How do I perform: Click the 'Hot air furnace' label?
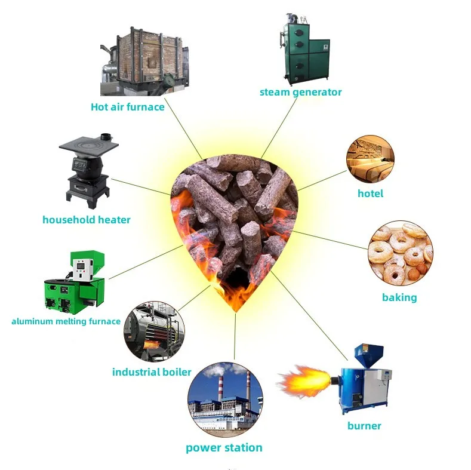(127, 107)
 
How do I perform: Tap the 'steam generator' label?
(300, 92)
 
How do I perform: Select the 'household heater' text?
(86, 220)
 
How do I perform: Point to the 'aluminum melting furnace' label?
(66, 321)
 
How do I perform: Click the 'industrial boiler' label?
(152, 372)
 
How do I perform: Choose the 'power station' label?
(224, 447)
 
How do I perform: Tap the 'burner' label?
(364, 426)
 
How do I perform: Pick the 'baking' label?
(399, 297)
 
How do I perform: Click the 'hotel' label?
(370, 193)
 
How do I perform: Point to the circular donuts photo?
(399, 253)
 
